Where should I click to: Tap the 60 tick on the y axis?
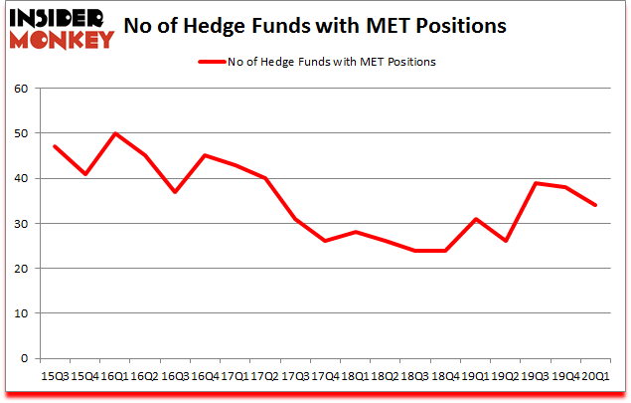click(23, 89)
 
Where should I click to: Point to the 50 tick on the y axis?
click(23, 133)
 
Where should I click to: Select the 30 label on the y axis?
click(23, 224)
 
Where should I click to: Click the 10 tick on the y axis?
click(23, 313)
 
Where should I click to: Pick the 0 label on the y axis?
click(26, 358)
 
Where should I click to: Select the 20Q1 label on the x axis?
click(596, 377)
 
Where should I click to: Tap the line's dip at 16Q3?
click(176, 192)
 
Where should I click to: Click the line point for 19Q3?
click(537, 183)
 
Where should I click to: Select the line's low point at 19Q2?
click(507, 241)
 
